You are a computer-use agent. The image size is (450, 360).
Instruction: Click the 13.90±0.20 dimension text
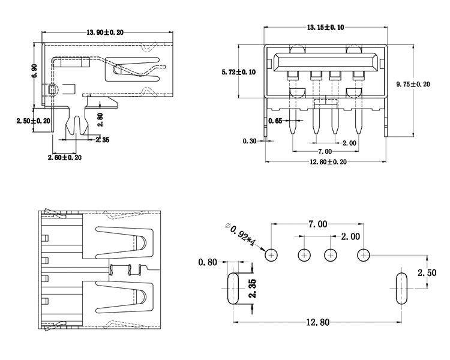pos(106,32)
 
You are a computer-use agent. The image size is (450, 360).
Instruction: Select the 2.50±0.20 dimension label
pos(34,121)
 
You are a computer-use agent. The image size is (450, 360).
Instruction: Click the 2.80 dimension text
pos(100,120)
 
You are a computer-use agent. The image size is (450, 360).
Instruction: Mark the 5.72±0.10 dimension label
pos(238,72)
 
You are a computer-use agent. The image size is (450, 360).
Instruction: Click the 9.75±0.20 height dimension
pos(413,84)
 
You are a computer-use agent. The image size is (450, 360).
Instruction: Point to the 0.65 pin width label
pos(275,121)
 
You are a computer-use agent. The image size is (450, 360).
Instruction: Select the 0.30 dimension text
pos(250,142)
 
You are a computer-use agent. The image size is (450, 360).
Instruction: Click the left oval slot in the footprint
pos(232,289)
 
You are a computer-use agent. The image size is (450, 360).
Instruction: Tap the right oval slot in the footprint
pos(401,289)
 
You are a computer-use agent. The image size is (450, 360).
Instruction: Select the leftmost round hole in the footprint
pos(272,255)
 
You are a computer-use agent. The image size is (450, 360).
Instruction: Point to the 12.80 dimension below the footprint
pos(317,322)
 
